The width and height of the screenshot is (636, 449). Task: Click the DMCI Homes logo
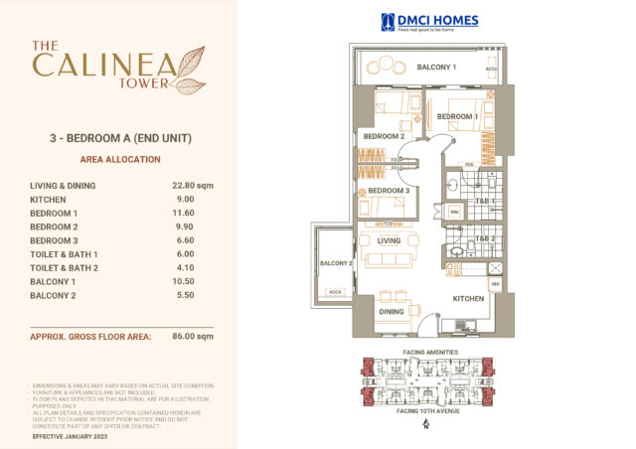(x=429, y=22)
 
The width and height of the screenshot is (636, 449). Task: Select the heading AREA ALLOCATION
(x=119, y=159)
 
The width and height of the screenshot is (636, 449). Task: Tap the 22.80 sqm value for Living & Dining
(x=193, y=185)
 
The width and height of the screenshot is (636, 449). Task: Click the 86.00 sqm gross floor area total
(x=193, y=337)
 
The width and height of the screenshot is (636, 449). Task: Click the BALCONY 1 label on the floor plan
(x=436, y=68)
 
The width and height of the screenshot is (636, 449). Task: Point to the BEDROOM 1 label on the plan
(x=458, y=117)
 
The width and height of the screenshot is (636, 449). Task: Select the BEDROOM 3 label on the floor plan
(x=389, y=191)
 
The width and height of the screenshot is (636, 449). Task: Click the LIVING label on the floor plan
(x=389, y=239)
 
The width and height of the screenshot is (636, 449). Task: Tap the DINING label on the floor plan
(x=391, y=310)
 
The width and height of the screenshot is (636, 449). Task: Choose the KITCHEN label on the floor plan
(x=468, y=298)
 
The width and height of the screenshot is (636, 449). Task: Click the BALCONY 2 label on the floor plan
(x=336, y=263)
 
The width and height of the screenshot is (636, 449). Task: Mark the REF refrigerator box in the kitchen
(x=495, y=284)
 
